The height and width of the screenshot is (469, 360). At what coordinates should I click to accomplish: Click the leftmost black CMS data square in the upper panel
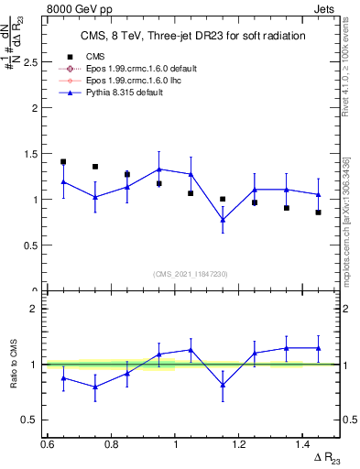click(x=63, y=162)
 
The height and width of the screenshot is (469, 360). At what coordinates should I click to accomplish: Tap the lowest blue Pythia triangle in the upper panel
click(x=223, y=220)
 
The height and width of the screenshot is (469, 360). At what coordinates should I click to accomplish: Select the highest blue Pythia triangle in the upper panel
click(x=159, y=169)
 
